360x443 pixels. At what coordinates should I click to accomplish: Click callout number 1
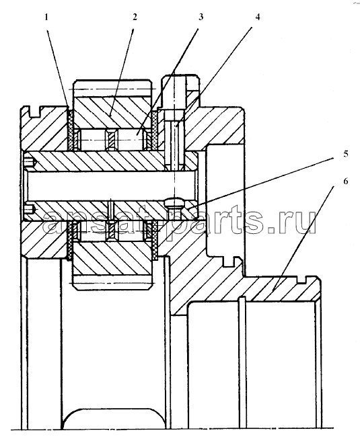[46, 17]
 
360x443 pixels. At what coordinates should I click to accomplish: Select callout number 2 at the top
[135, 17]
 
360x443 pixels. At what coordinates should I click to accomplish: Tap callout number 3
[201, 17]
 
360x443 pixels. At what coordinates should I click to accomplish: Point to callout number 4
[257, 17]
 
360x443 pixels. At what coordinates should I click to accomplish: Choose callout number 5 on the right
[346, 154]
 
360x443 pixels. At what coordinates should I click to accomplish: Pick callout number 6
[346, 181]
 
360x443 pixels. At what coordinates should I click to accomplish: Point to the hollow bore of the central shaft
[110, 186]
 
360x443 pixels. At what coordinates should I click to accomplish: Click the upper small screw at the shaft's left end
[30, 162]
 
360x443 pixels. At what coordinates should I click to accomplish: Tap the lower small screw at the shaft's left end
[30, 210]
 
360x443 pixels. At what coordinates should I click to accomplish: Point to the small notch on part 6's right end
[302, 280]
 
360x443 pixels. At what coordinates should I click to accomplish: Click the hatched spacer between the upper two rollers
[112, 139]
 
